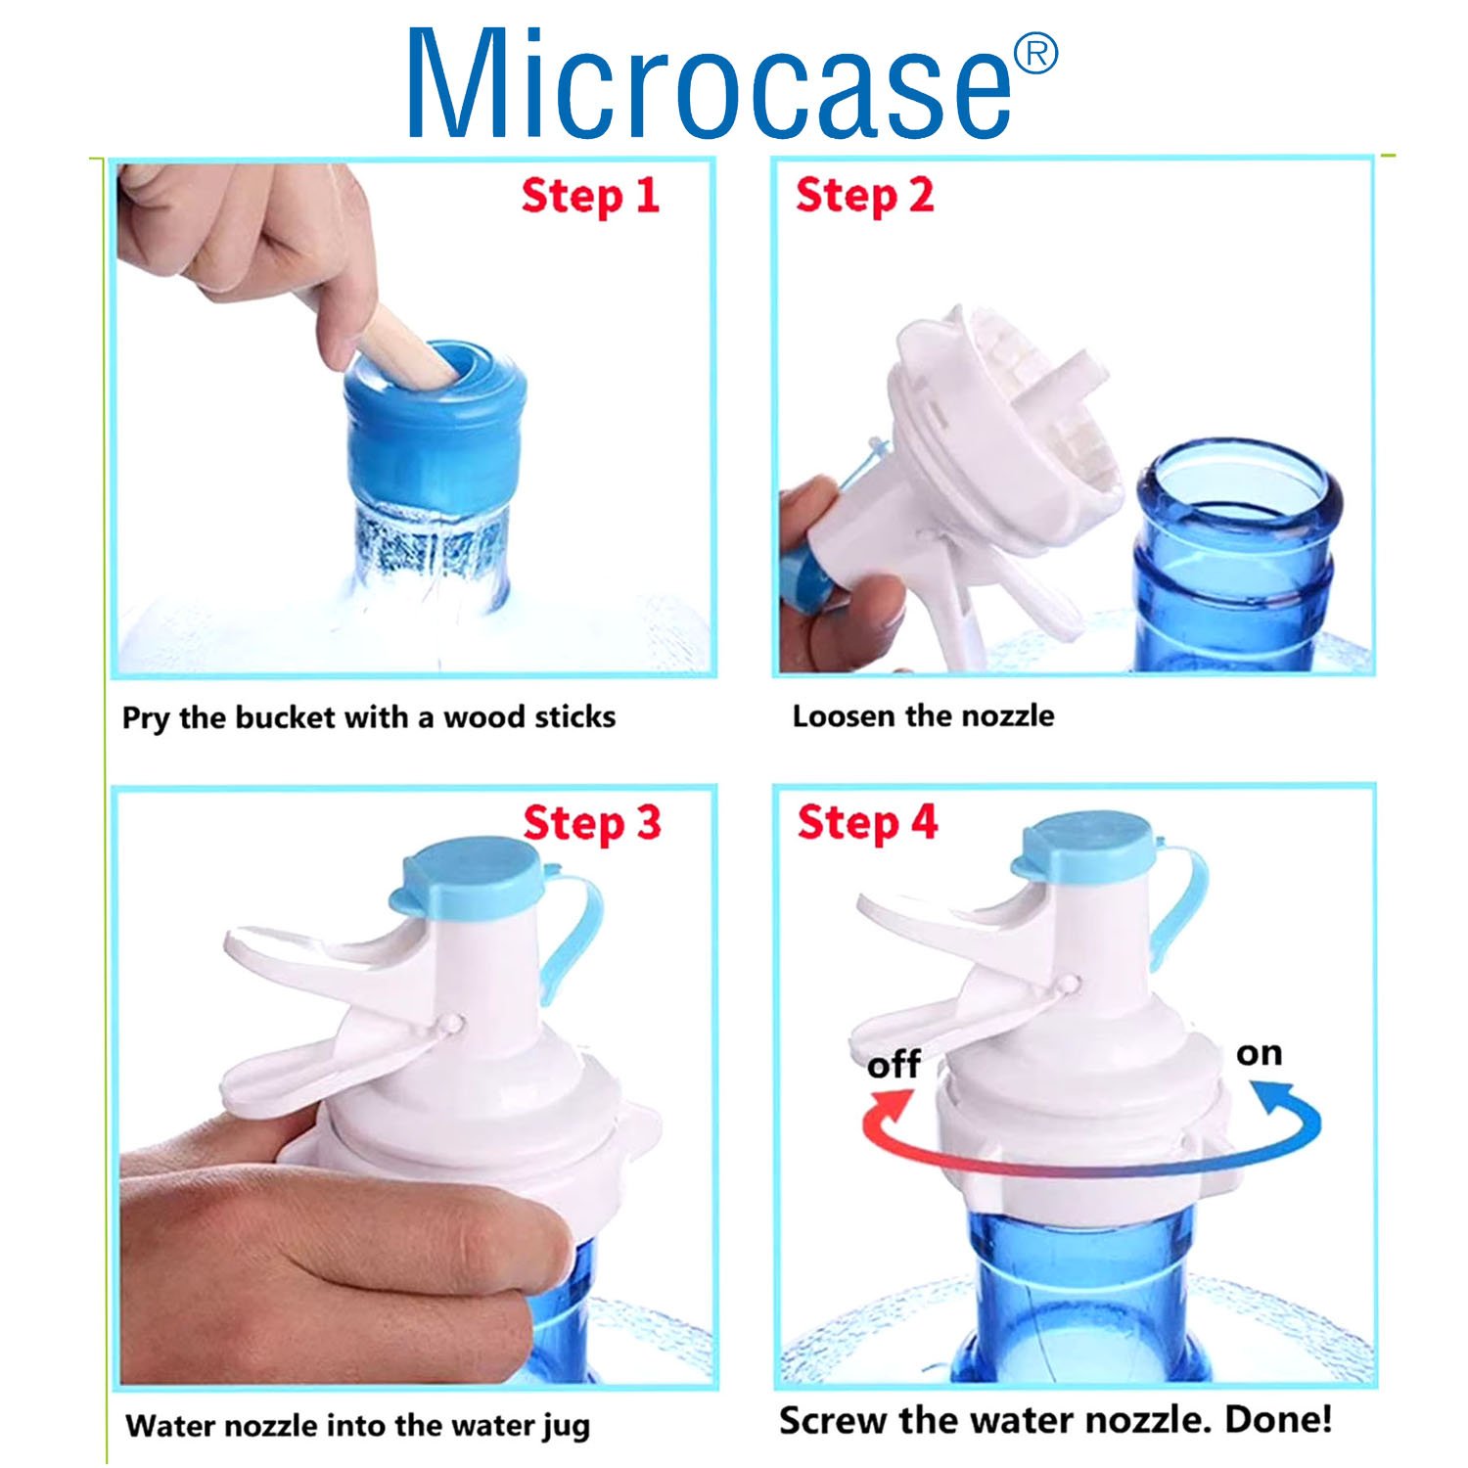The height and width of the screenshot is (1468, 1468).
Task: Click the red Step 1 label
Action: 590,197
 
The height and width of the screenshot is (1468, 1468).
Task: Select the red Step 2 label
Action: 864,197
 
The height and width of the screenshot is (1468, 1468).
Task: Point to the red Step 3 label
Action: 592,823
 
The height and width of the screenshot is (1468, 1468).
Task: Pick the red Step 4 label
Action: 867,823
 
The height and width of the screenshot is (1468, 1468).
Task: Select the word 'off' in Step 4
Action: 893,1064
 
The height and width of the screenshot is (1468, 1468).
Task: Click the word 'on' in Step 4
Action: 1259,1053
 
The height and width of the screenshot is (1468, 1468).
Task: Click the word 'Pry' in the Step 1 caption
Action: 146,719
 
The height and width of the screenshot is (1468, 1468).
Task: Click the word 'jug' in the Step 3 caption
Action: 567,1427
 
